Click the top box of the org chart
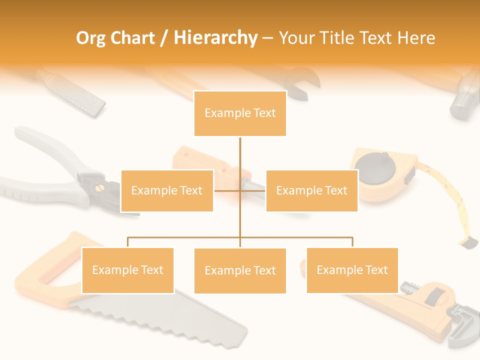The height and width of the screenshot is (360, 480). point(240,113)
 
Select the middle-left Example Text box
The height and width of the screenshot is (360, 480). point(167,190)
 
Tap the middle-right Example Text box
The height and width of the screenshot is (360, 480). point(311,190)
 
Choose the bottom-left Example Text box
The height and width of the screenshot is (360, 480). point(127,270)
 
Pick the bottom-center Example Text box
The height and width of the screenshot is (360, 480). point(240,270)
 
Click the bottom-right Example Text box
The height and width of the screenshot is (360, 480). point(352,270)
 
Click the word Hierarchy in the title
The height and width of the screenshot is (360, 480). point(215,38)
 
